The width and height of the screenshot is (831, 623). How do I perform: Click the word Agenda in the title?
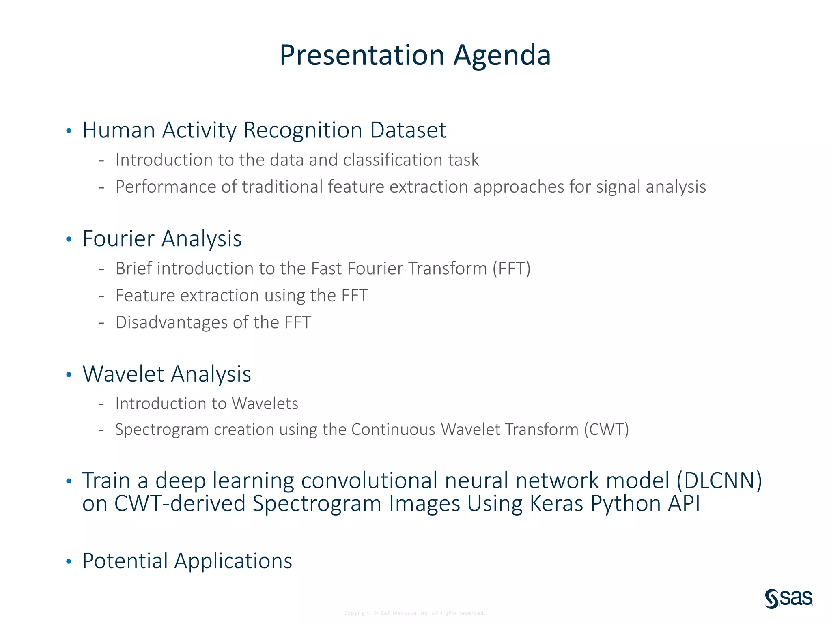coord(502,56)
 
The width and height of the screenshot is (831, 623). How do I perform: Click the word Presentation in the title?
coord(362,56)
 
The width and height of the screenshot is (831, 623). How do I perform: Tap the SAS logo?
coord(789,598)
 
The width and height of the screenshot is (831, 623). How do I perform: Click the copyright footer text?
coord(414,613)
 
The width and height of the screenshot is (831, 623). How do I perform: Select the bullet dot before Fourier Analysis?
coord(69,239)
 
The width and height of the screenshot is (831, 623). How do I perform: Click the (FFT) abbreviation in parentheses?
coord(511,269)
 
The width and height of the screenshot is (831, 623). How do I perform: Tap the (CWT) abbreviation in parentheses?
coord(606,430)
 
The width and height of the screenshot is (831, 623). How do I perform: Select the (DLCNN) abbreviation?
coord(719,481)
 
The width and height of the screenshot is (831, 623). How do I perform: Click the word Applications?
coord(233,561)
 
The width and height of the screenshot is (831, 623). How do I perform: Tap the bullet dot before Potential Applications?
coord(69,562)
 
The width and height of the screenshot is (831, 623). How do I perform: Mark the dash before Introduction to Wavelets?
coord(101,404)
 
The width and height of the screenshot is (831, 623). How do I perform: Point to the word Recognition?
coord(303,131)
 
